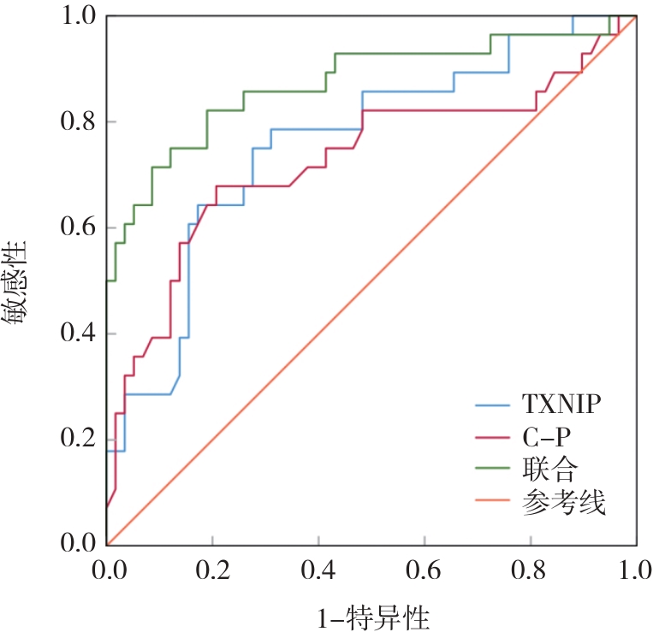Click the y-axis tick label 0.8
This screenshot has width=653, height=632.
(x=77, y=121)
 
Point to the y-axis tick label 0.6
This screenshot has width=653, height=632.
(x=77, y=227)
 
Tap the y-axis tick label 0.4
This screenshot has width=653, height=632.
(x=77, y=334)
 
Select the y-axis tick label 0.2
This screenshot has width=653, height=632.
(x=77, y=440)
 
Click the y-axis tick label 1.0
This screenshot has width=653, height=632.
(x=77, y=16)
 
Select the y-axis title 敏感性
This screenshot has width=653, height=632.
(x=18, y=281)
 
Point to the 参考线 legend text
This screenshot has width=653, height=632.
(x=563, y=504)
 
